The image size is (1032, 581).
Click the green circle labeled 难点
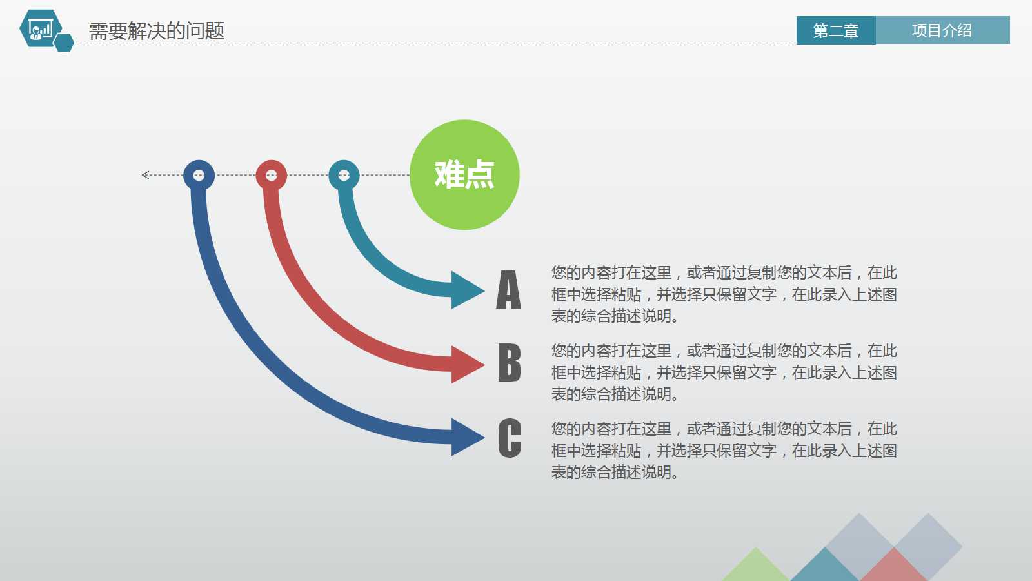point(464,175)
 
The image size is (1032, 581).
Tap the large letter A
point(508,290)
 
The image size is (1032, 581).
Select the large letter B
point(509,363)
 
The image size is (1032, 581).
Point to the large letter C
point(510,438)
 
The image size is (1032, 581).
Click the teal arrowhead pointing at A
point(466,290)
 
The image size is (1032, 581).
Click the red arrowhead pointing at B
point(466,364)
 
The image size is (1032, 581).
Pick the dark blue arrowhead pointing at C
point(466,437)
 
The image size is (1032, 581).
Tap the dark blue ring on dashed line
point(199,175)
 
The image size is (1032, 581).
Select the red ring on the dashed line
point(272,175)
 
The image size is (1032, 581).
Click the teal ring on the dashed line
point(344,175)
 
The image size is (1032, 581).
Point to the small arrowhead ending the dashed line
point(146,175)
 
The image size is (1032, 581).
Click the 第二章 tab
point(836,30)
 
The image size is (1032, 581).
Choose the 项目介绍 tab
point(942,30)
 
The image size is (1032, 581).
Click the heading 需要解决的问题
point(157,30)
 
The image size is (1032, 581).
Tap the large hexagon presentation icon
point(40,28)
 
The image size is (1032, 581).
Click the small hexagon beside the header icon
point(64,43)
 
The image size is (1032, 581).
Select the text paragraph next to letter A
point(724,294)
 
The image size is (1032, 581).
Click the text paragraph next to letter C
point(724,450)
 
